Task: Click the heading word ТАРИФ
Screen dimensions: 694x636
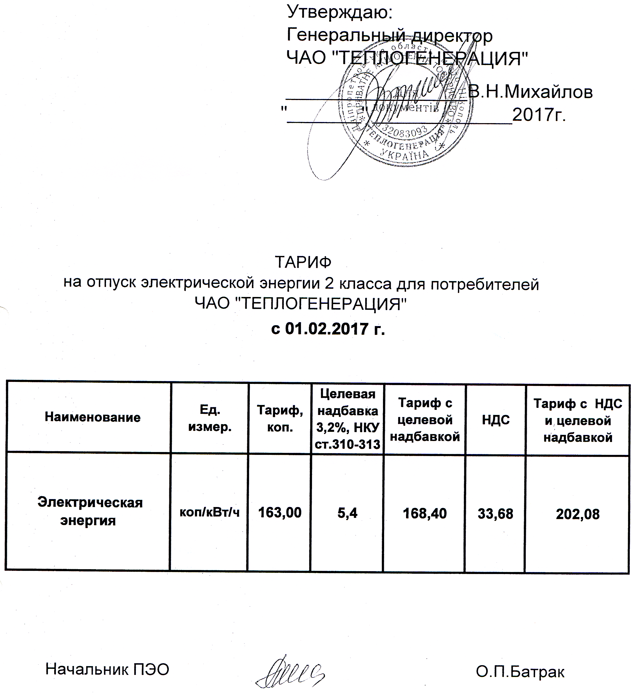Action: point(303,263)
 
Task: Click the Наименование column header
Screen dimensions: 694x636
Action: point(93,418)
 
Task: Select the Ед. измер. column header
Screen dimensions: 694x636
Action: point(210,419)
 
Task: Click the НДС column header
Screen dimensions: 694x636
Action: point(496,420)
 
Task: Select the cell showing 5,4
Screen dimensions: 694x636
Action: point(347,513)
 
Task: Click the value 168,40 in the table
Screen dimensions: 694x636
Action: point(425,514)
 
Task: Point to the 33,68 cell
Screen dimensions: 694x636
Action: point(495,514)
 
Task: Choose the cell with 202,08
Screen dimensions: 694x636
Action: point(578,514)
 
